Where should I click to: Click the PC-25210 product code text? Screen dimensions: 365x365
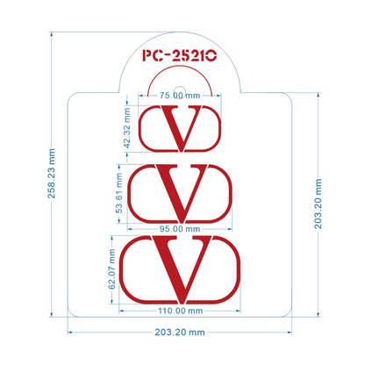(180, 55)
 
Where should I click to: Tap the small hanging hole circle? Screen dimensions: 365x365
(180, 90)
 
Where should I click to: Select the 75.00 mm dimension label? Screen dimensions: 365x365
(180, 96)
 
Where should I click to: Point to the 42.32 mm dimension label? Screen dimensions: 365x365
(127, 128)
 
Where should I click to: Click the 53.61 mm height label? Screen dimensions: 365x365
(119, 193)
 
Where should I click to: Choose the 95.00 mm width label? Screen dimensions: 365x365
(180, 229)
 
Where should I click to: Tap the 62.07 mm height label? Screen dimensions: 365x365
(111, 269)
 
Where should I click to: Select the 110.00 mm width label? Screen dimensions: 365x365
(180, 311)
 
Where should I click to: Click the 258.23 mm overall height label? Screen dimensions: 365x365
(52, 174)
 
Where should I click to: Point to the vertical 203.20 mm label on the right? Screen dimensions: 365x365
(318, 204)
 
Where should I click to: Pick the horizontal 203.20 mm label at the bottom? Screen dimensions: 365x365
(180, 333)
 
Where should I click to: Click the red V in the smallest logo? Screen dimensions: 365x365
(182, 128)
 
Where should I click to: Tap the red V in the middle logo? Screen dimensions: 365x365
(182, 193)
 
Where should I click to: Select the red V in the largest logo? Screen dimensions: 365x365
(182, 269)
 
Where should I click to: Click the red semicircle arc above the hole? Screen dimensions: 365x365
(180, 66)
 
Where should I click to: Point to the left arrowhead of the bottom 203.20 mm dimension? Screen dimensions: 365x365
(70, 333)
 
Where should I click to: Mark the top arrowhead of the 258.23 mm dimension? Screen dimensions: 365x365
(52, 34)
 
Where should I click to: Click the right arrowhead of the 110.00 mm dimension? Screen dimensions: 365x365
(238, 311)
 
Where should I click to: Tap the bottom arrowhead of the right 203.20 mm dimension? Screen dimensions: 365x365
(318, 314)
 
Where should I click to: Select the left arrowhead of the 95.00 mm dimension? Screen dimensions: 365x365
(130, 229)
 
